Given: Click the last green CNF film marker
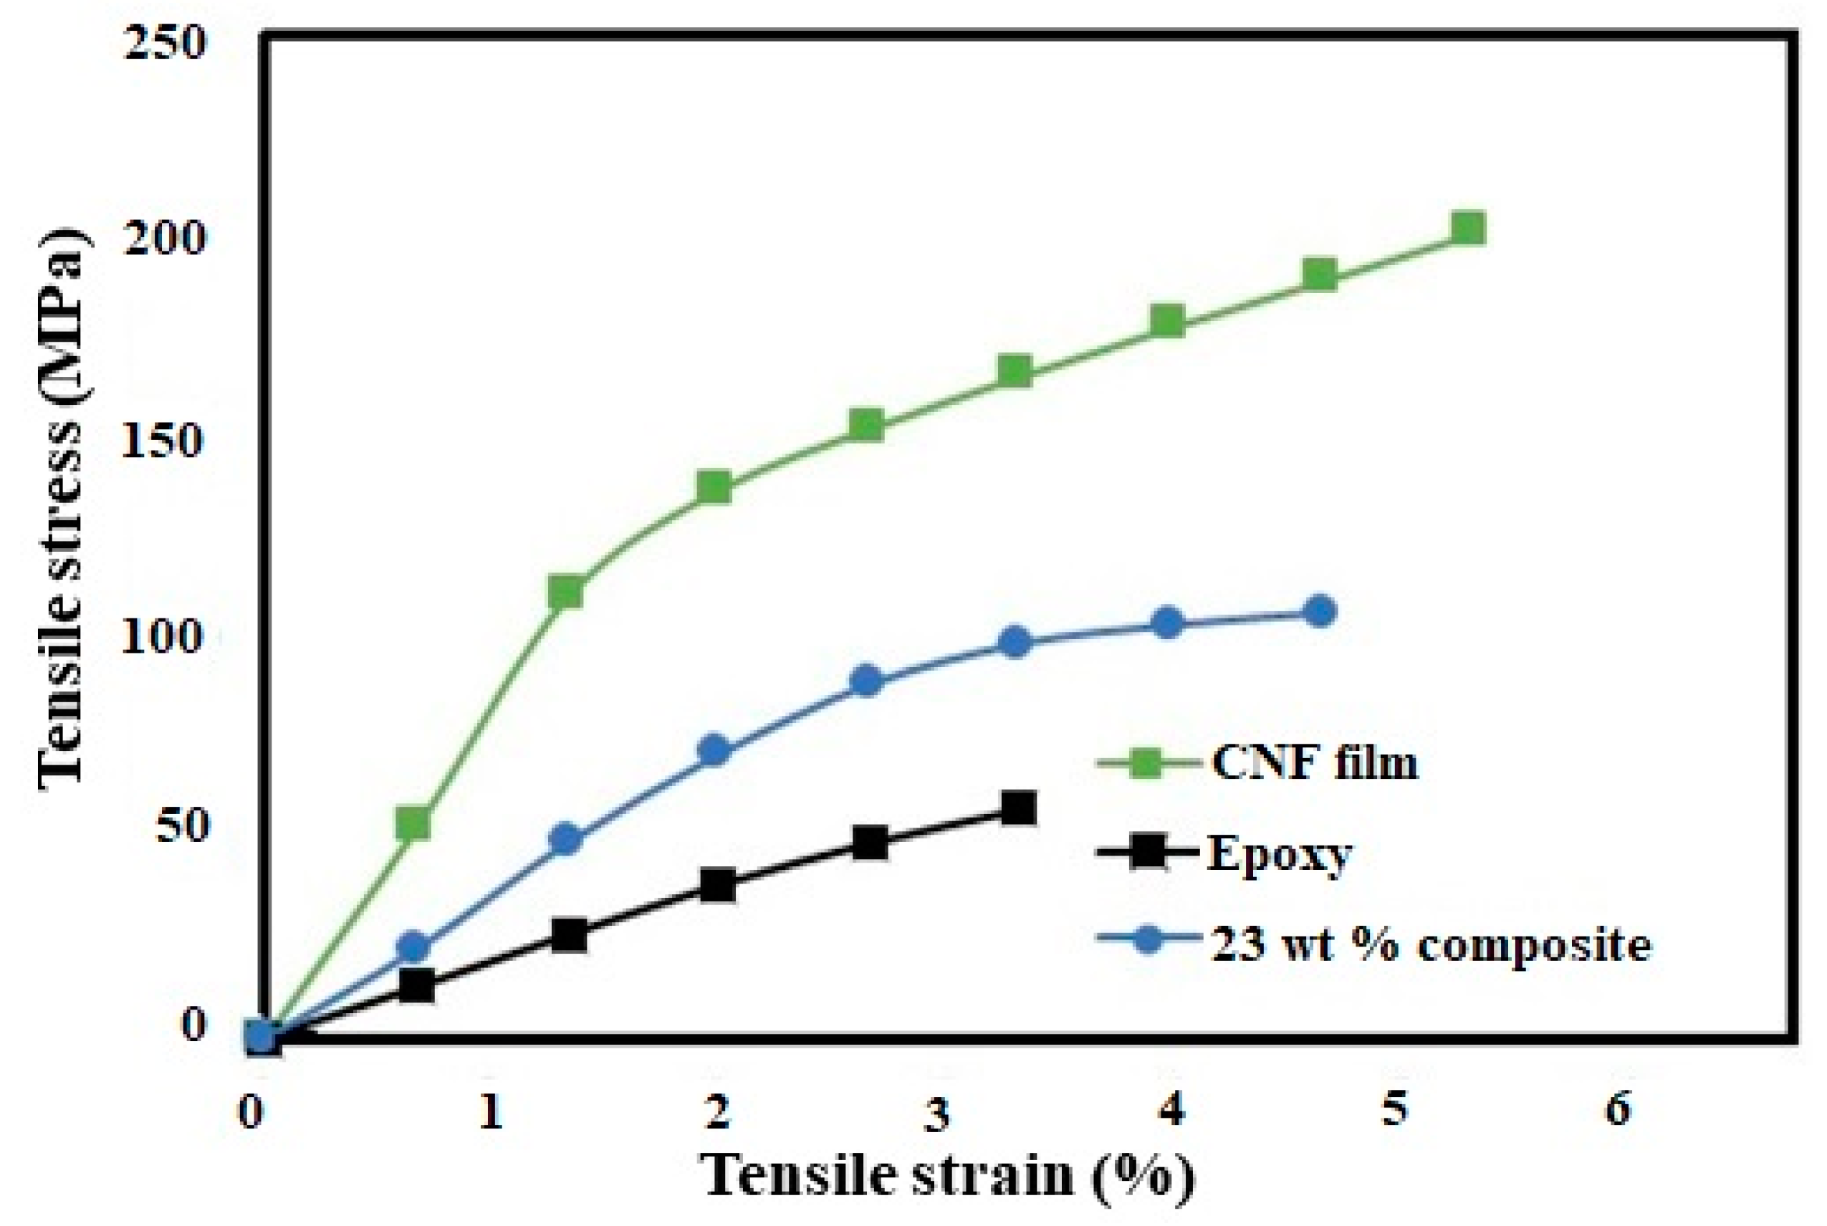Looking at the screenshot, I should coord(1467,229).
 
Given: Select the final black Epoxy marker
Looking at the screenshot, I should coord(1018,808).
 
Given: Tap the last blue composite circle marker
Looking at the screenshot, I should coord(1320,611).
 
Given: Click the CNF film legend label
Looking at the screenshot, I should coord(1314,762).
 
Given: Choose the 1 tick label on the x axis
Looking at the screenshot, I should coord(491,1111).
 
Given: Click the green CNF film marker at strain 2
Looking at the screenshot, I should coord(715,488).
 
